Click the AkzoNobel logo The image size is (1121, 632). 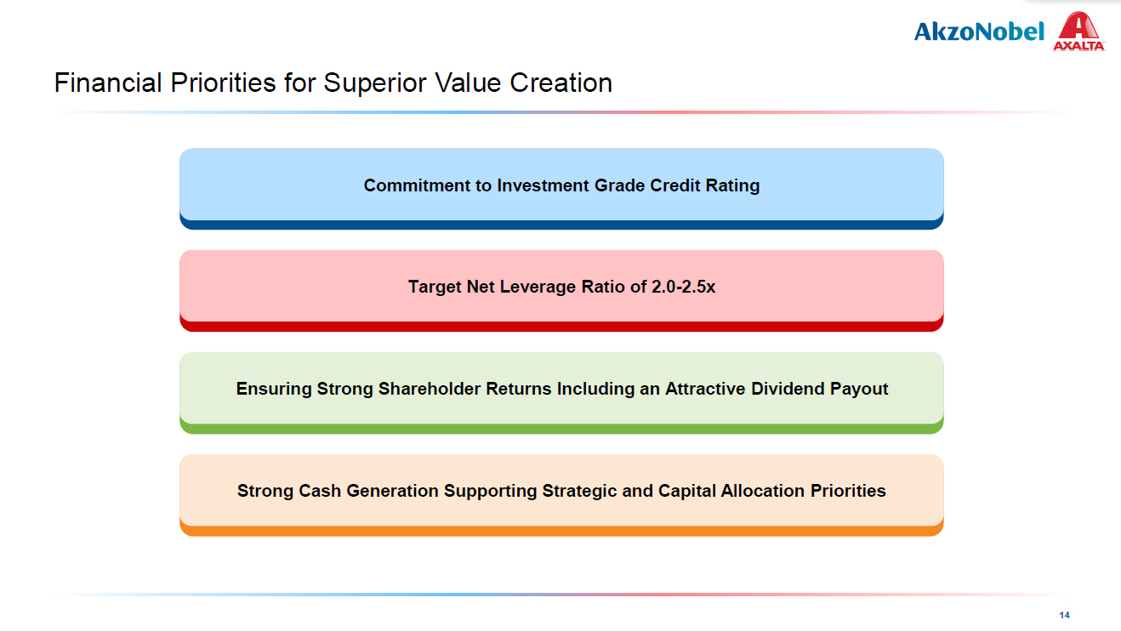point(979,31)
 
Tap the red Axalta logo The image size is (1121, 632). point(1079,31)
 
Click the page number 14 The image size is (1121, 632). point(1065,615)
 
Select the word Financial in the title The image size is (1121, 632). point(108,83)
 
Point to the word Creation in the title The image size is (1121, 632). point(561,83)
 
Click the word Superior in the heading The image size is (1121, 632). point(374,84)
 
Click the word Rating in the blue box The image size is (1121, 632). point(732,186)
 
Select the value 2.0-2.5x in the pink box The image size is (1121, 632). point(684,287)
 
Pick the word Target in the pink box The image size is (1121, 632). point(435,288)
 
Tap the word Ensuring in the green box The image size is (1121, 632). point(274,390)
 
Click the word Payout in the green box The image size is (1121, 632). point(859,390)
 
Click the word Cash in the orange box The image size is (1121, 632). point(320,491)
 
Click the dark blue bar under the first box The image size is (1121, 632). point(561,225)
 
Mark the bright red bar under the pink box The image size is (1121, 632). point(561,327)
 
